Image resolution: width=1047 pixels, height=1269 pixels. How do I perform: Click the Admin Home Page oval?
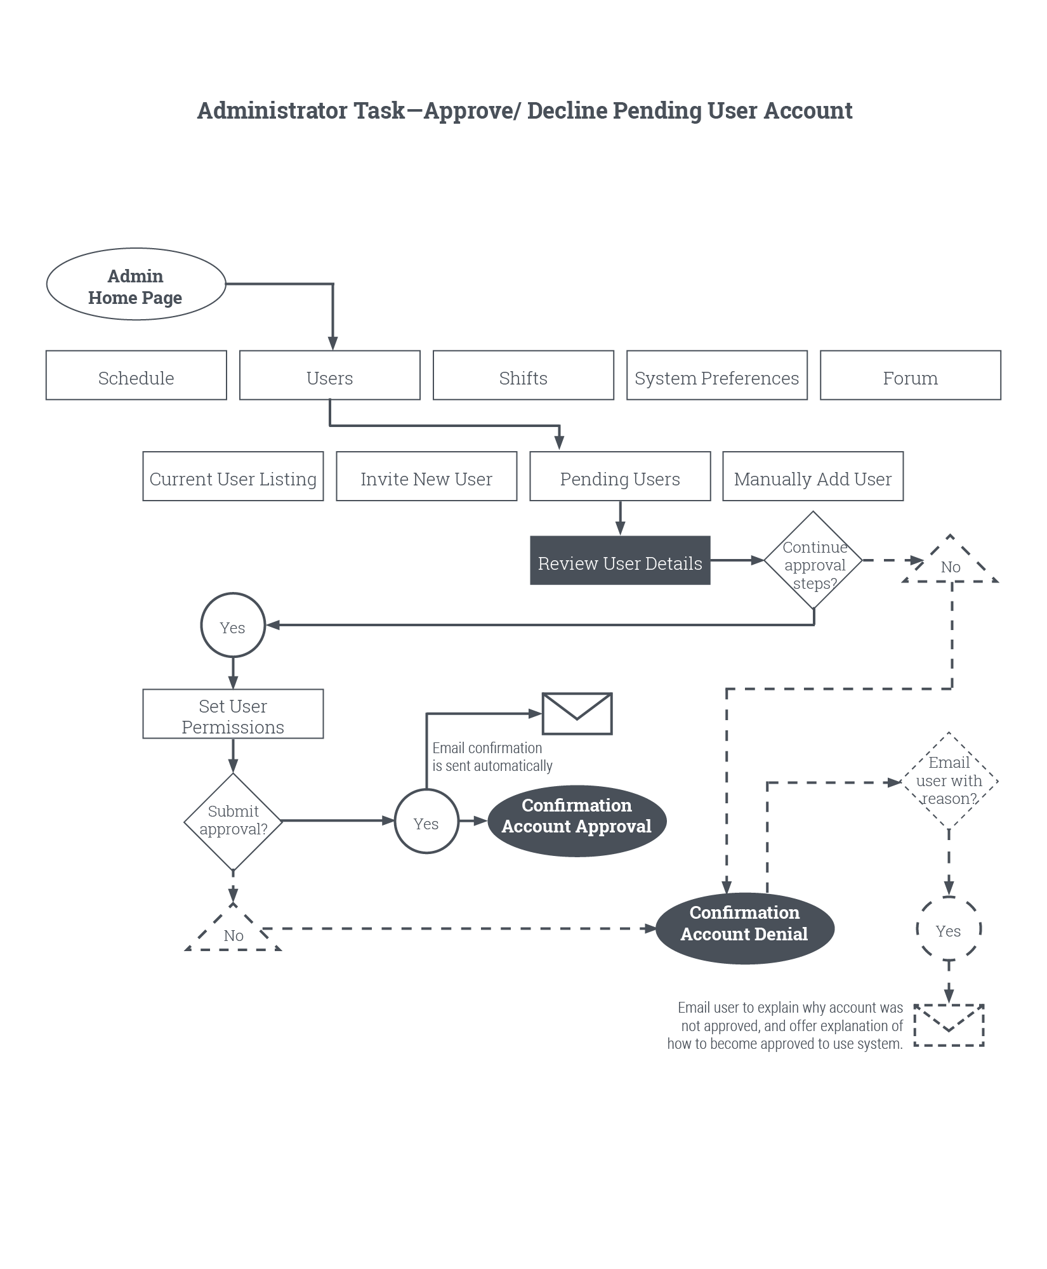point(136,284)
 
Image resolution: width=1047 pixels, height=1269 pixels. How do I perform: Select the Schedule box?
point(136,375)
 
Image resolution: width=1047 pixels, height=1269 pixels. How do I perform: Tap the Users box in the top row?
point(329,375)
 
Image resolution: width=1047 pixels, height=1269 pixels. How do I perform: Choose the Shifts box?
point(523,375)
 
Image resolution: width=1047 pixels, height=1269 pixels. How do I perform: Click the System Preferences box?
point(716,375)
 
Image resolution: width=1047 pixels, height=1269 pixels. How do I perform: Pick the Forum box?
point(910,375)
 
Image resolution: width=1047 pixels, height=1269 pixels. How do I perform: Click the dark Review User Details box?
point(620,560)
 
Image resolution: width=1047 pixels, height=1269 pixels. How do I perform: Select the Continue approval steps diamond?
point(813,561)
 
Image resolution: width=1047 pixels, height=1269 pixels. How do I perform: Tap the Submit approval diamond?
point(233,822)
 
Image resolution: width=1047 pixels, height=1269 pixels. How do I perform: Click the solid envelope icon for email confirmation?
point(577,714)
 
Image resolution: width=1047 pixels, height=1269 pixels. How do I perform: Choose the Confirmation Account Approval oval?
point(576,822)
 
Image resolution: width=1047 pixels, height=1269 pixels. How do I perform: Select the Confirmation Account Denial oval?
point(744,928)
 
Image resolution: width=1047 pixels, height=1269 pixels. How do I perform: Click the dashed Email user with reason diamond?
point(949,780)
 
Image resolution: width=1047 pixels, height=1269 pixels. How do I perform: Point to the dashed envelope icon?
point(948,1025)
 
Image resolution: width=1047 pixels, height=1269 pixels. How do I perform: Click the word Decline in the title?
point(567,110)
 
